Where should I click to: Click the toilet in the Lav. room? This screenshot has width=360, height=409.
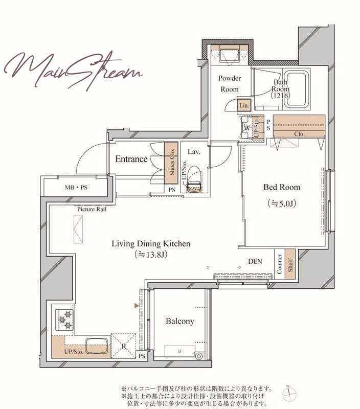[x=194, y=179]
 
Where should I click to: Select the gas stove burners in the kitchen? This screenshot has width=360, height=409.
[x=65, y=320]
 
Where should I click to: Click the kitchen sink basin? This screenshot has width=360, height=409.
[x=97, y=346]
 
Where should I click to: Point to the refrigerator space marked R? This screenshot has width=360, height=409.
[x=124, y=346]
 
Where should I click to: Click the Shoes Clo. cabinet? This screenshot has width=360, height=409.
[x=171, y=163]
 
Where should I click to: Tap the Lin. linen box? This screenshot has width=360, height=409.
[x=244, y=105]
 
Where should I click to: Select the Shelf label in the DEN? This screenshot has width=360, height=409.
[x=290, y=265]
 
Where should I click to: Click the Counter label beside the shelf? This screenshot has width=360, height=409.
[x=279, y=264]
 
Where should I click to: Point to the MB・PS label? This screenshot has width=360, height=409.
[x=76, y=187]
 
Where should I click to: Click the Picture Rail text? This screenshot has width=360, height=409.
[x=92, y=209]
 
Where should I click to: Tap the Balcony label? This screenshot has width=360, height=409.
[x=180, y=321]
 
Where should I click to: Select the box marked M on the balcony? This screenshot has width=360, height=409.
[x=179, y=351]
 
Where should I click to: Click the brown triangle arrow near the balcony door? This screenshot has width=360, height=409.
[x=137, y=305]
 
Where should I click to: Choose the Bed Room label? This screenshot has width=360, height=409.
[x=282, y=187]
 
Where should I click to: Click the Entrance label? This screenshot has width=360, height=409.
[x=131, y=159]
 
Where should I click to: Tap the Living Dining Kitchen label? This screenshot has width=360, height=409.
[x=151, y=244]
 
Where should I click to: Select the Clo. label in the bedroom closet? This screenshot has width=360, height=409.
[x=299, y=134]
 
